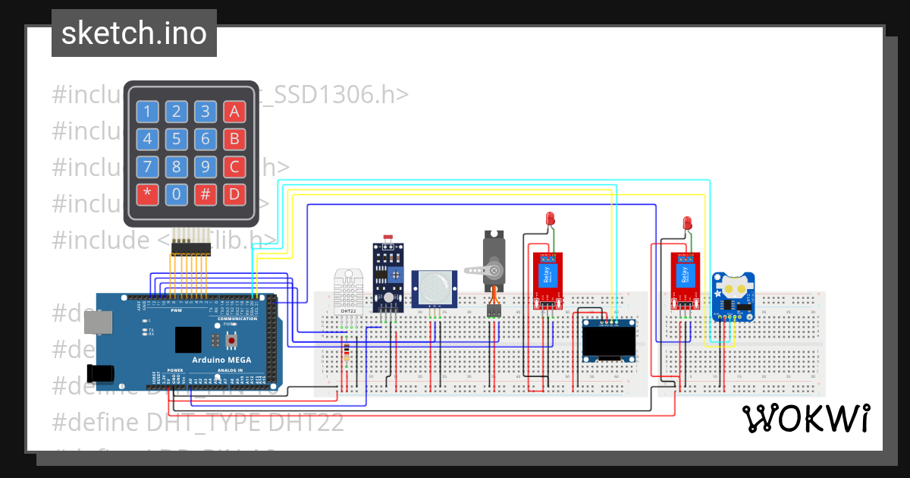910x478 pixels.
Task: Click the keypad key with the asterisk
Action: point(147,194)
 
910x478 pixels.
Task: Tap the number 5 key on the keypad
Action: point(176,140)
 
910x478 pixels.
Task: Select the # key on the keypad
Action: point(205,194)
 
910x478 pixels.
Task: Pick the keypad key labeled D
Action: point(234,194)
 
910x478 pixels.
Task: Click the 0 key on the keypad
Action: point(176,194)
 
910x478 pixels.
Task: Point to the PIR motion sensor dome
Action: point(434,286)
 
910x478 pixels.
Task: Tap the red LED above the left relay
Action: point(550,219)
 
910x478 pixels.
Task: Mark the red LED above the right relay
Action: point(688,223)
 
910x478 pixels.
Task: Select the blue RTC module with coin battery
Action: point(732,297)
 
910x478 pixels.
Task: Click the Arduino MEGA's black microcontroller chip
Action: point(188,339)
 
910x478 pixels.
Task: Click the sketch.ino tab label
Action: point(134,33)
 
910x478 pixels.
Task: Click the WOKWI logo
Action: point(805,418)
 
